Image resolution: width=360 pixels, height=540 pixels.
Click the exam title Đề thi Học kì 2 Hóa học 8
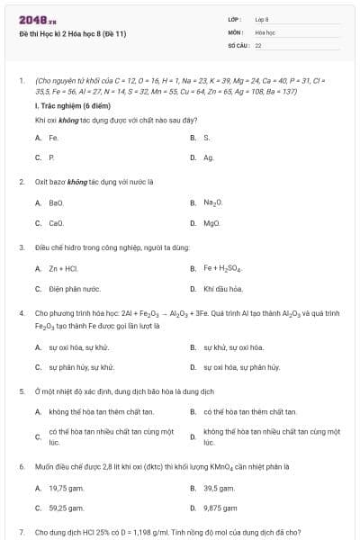point(72,33)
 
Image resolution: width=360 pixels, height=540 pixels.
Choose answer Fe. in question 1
point(53,138)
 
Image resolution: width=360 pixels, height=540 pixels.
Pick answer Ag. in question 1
point(209,157)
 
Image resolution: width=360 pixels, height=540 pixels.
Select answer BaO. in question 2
point(56,202)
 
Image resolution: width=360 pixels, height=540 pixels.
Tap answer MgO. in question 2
point(211,222)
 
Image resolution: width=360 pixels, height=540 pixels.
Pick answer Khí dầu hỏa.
point(223,289)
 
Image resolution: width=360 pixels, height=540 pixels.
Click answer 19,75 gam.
point(65,488)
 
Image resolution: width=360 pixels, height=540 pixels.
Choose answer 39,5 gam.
point(219,488)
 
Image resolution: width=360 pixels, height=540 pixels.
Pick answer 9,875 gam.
point(220,508)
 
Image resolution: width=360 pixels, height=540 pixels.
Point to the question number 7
point(21,533)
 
